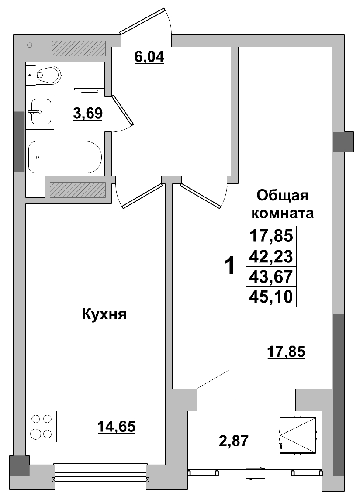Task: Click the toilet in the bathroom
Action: click(x=45, y=75)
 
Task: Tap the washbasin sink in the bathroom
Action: click(x=40, y=111)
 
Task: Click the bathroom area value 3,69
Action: click(x=88, y=114)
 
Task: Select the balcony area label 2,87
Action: click(x=233, y=441)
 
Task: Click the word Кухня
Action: click(x=104, y=314)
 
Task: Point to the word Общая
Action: click(x=282, y=195)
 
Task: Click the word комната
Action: click(x=284, y=214)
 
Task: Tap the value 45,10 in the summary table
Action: click(x=271, y=297)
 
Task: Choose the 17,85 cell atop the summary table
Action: click(x=271, y=236)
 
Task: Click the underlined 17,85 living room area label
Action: click(x=286, y=351)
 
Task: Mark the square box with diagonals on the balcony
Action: click(x=298, y=435)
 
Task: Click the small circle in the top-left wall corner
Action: click(x=30, y=45)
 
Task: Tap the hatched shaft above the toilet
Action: click(x=79, y=48)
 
